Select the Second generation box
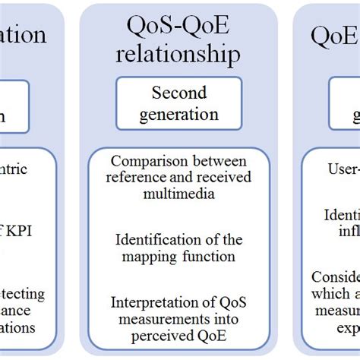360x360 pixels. click(178, 105)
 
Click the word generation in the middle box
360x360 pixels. click(178, 115)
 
